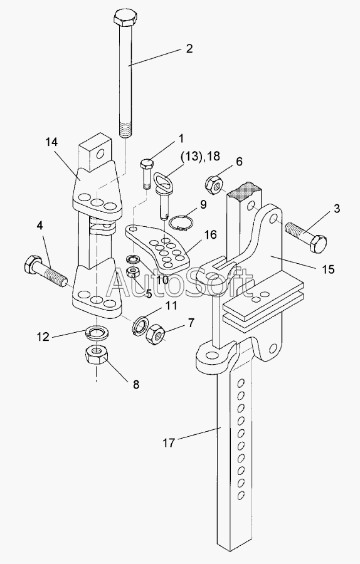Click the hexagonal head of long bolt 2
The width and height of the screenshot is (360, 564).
click(125, 18)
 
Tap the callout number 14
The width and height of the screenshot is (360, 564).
click(51, 142)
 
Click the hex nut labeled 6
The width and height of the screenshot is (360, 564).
click(213, 185)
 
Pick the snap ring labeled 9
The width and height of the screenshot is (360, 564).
click(181, 222)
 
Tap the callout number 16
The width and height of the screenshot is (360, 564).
click(210, 235)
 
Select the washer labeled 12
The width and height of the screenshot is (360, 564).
click(96, 332)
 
